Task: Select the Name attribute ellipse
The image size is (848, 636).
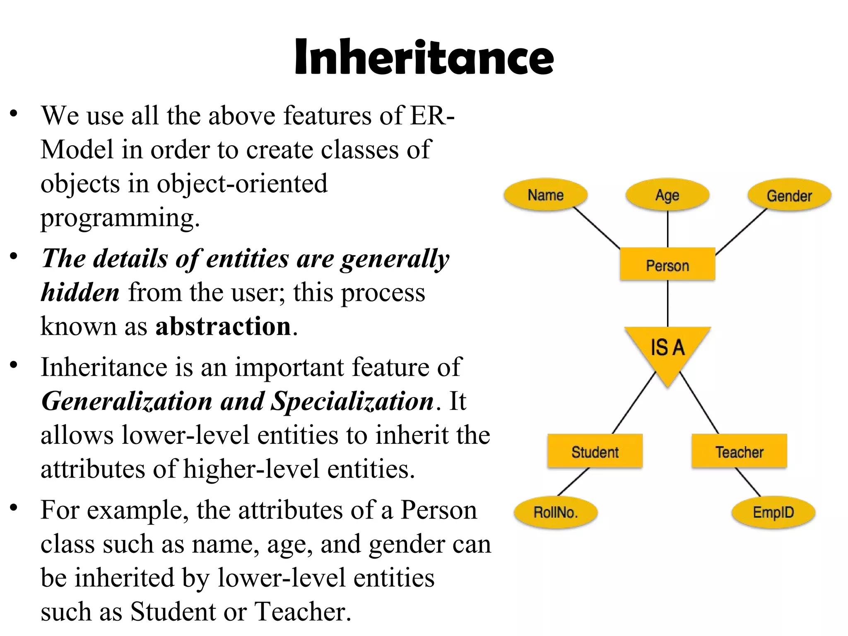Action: pos(545,195)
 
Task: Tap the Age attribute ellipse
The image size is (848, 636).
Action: pos(667,195)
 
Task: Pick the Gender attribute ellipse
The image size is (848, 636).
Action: pos(789,195)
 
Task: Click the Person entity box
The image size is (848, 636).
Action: pos(667,265)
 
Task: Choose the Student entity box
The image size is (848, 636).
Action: pos(595,451)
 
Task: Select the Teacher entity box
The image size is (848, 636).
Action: pos(739,451)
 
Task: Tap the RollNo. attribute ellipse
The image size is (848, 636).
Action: pos(555,512)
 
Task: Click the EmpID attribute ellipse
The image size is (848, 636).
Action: pos(773,512)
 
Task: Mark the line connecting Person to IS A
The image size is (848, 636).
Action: pos(667,304)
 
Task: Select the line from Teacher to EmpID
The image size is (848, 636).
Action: pos(748,482)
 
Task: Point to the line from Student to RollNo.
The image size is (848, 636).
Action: pos(573,482)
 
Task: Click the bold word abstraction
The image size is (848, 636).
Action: pos(223,326)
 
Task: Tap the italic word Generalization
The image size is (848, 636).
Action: pos(127,401)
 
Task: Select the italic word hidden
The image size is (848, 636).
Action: pos(80,292)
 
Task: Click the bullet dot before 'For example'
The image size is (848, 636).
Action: pos(14,507)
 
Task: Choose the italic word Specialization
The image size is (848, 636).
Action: pos(352,401)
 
